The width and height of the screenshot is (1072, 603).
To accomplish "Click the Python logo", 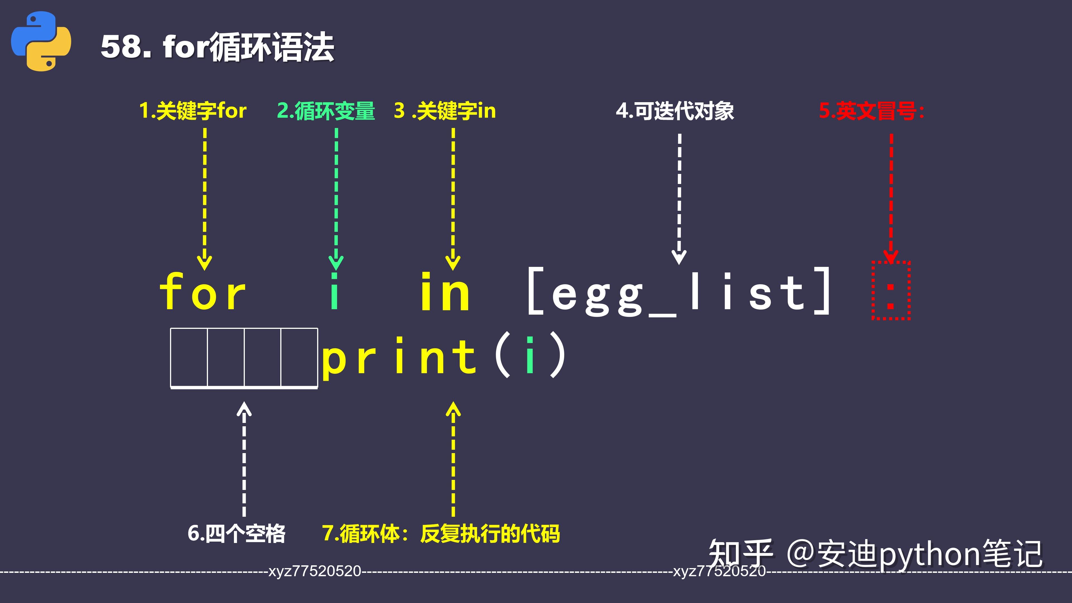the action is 41,41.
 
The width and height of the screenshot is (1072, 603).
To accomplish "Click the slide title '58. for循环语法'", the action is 217,47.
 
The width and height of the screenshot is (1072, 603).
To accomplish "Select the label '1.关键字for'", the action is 193,111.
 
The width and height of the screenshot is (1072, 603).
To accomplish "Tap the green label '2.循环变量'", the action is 326,111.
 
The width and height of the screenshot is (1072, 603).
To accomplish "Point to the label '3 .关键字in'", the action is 445,111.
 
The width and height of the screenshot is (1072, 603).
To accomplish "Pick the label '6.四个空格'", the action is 236,533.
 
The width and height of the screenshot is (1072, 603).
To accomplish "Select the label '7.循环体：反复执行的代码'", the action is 441,533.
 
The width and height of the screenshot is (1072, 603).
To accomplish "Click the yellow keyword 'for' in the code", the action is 203,292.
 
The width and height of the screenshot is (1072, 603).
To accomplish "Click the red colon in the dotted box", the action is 891,296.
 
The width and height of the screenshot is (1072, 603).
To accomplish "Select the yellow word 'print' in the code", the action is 399,357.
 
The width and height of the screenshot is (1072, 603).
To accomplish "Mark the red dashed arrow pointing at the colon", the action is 891,196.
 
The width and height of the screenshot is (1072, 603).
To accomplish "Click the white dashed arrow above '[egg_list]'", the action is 679,198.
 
